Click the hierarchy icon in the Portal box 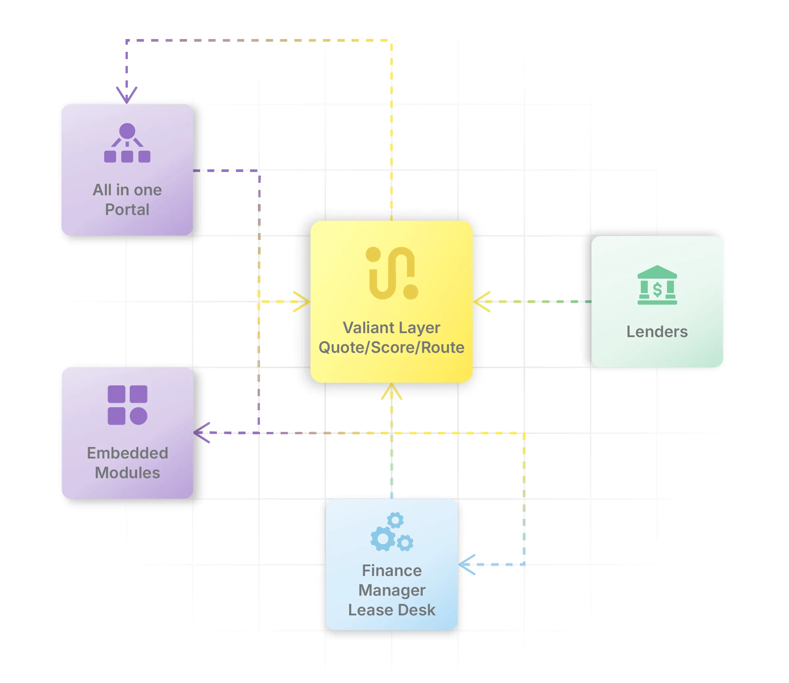pos(127,143)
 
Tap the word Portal pos(127,210)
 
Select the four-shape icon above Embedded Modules pos(128,405)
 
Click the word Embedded pos(128,453)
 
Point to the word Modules pos(128,473)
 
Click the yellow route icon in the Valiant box pos(391,273)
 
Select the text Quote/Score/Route pos(391,348)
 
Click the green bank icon pos(657,285)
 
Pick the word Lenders pos(657,331)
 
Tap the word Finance pos(391,570)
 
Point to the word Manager pos(391,590)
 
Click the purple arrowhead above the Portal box pos(127,95)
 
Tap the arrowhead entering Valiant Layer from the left pos(303,302)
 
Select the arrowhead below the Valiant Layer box pos(391,391)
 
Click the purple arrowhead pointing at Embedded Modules pos(201,433)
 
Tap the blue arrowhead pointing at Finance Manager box pos(466,565)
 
